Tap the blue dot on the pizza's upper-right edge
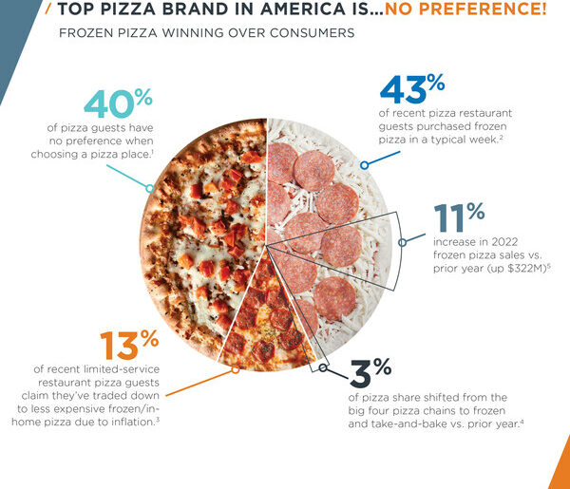(364, 164)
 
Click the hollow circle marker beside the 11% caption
(403, 242)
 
